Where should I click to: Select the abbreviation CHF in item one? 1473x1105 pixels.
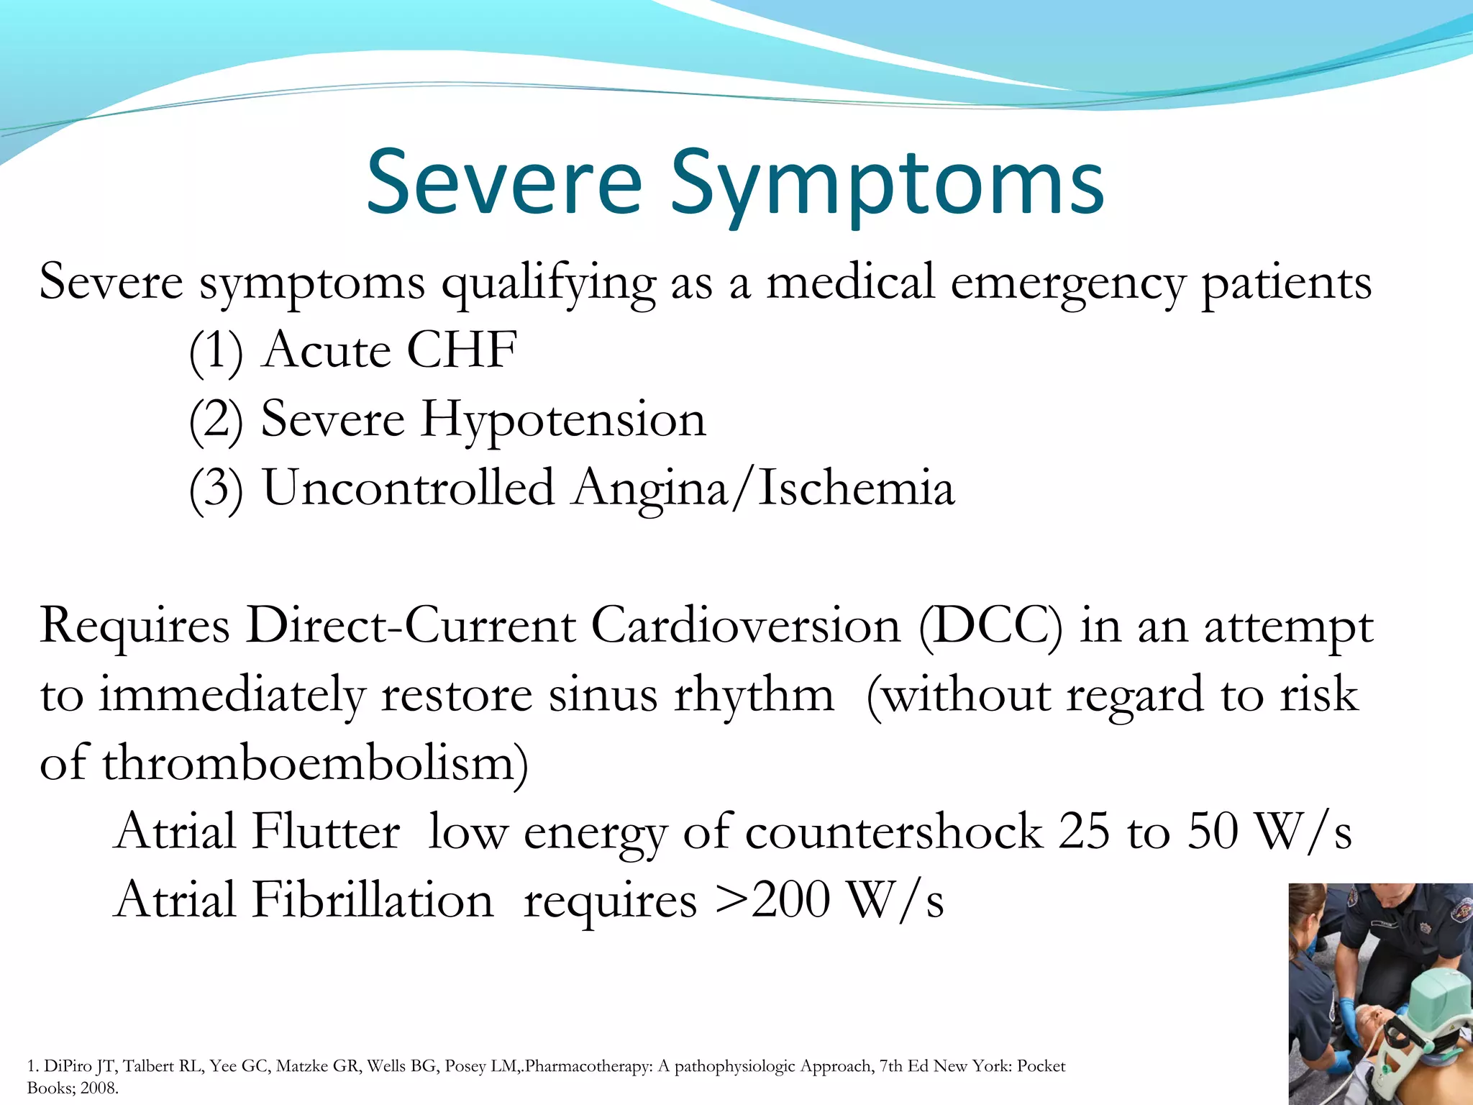click(x=461, y=350)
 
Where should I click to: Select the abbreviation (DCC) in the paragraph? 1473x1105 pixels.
click(x=990, y=625)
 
